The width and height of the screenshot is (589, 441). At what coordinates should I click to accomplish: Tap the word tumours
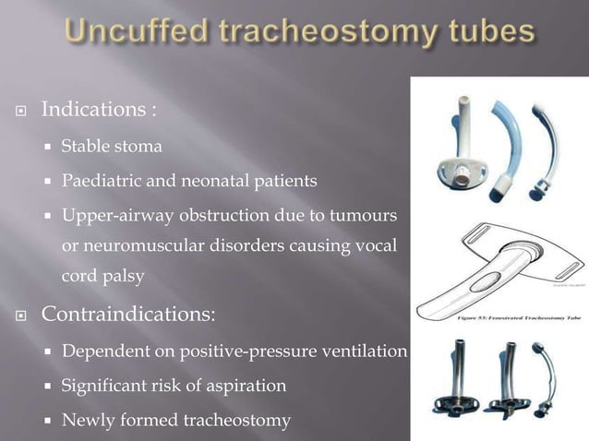(x=366, y=215)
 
